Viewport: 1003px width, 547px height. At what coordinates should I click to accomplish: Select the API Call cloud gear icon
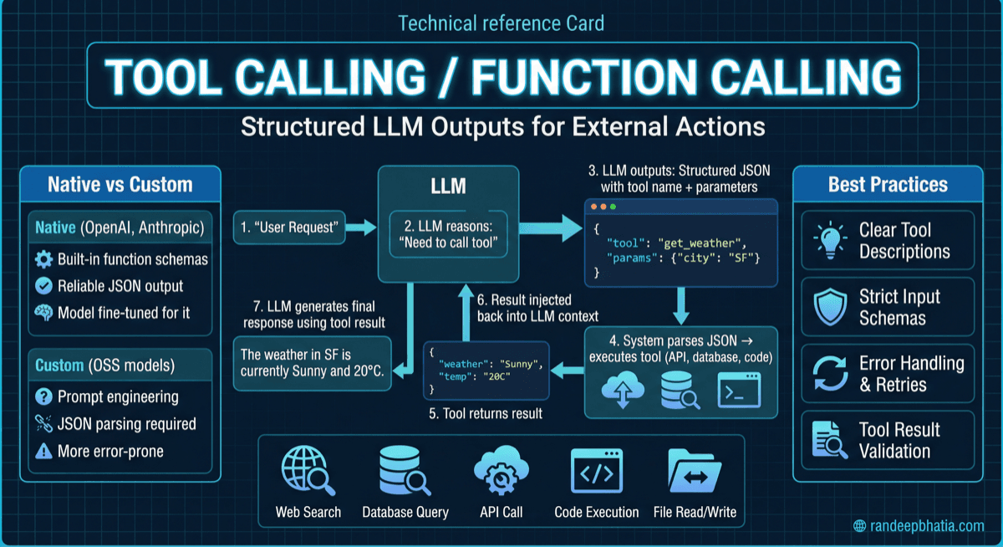501,472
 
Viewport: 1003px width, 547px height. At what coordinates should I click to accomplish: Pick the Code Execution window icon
596,472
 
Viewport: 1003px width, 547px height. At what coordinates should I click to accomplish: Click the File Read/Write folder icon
694,472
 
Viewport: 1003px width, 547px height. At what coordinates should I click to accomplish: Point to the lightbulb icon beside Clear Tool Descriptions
827,241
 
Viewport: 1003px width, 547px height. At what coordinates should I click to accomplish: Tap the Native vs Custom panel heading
120,184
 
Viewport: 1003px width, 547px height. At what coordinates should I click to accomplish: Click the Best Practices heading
888,184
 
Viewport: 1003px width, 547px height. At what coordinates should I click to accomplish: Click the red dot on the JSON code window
594,206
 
